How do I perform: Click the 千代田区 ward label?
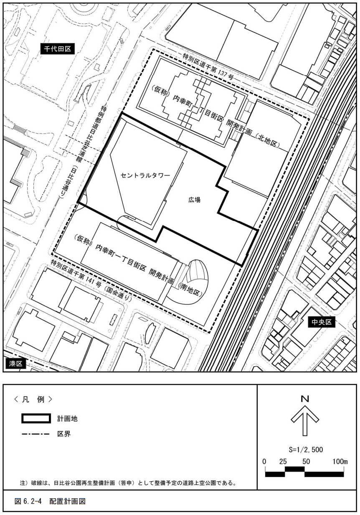pos(57,49)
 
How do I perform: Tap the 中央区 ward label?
pos(322,322)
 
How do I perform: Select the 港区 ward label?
pos(15,364)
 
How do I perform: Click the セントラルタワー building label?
pos(145,176)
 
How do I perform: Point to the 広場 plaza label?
pos(194,200)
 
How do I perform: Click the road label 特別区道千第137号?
pos(208,67)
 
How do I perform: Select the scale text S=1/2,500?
pos(306,449)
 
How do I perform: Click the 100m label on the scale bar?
pos(340,462)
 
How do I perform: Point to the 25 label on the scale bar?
pos(283,462)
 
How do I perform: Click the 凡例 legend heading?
pos(33,399)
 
